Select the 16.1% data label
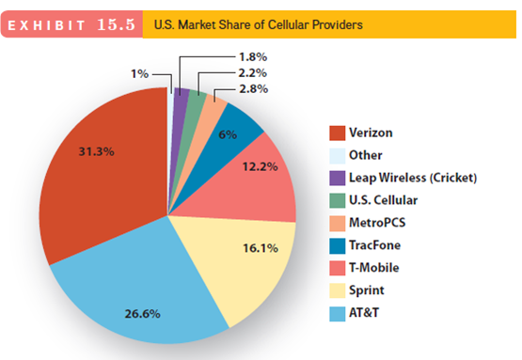pos(260,248)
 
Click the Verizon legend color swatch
pos(336,133)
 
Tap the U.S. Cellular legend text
pos(383,200)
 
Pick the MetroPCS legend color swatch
pos(336,223)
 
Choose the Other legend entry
pos(365,155)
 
